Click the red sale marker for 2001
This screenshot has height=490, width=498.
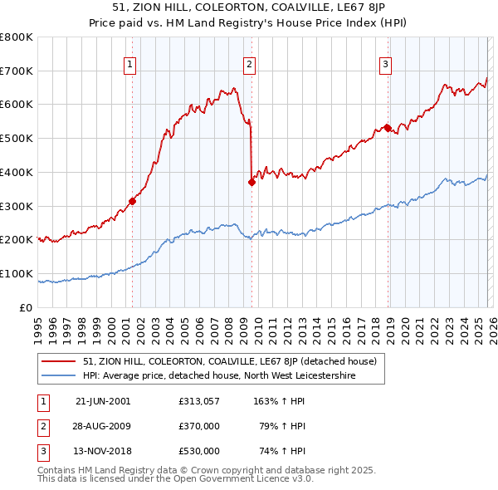coord(132,201)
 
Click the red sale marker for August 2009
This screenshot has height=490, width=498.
coord(251,182)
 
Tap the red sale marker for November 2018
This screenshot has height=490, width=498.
coord(387,128)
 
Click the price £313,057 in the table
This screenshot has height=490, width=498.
coord(198,401)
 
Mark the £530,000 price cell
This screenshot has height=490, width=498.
coord(198,451)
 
